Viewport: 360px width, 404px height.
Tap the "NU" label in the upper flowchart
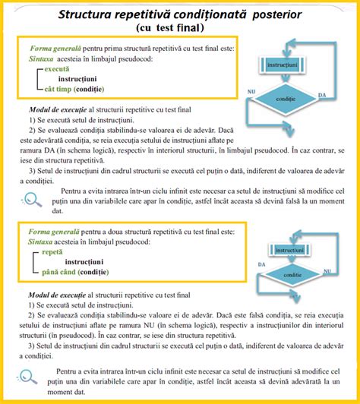(x=251, y=90)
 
